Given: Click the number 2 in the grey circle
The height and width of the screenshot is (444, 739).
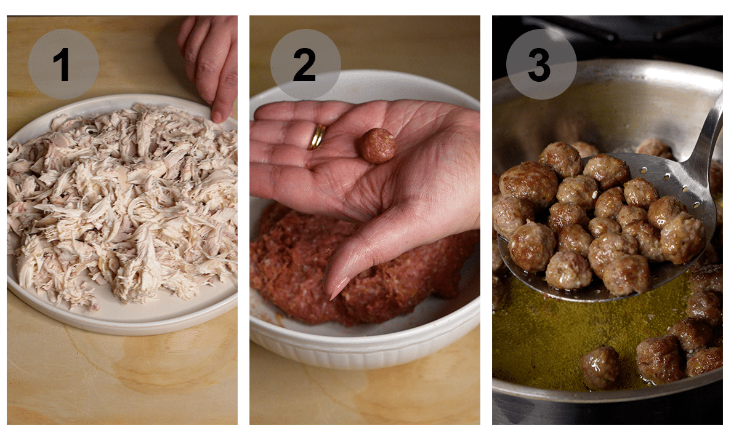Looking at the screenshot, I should pyautogui.click(x=305, y=65).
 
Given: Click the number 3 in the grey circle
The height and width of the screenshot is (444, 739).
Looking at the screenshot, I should pyautogui.click(x=540, y=65).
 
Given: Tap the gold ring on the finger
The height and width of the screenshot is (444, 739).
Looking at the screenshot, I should pyautogui.click(x=318, y=137).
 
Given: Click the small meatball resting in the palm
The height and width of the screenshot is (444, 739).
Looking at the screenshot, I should pyautogui.click(x=378, y=146).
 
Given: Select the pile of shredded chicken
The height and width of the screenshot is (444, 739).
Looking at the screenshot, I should pyautogui.click(x=123, y=203).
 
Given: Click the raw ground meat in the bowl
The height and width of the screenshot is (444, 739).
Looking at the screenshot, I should pyautogui.click(x=289, y=264).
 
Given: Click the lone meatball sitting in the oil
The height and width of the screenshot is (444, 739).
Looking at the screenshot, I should pyautogui.click(x=601, y=367).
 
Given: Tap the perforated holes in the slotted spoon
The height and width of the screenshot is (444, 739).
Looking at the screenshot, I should pyautogui.click(x=665, y=178).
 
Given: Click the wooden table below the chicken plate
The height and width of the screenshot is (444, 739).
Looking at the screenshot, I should pyautogui.click(x=123, y=381).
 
